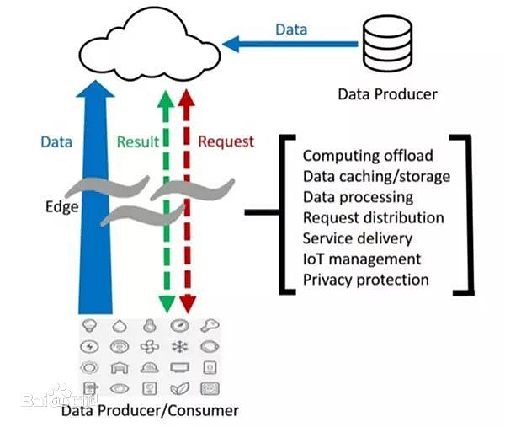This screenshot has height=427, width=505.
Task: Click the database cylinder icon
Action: (387, 43)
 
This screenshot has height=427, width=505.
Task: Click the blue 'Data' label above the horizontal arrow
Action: (291, 29)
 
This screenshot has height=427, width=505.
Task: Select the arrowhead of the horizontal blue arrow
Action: (231, 44)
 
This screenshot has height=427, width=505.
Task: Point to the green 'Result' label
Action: (138, 141)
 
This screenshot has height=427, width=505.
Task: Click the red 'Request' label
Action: (226, 141)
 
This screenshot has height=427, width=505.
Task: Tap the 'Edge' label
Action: (61, 207)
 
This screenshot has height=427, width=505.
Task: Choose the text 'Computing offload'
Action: (368, 156)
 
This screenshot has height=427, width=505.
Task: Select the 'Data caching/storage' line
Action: (376, 177)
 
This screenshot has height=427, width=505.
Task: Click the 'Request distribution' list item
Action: (374, 217)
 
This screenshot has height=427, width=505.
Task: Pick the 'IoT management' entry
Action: (362, 259)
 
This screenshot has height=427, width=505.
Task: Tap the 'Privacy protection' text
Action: (366, 280)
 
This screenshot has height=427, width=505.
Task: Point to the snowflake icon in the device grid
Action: (180, 347)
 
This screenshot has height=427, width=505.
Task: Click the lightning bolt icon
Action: (90, 347)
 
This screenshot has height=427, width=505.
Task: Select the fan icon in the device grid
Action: (150, 347)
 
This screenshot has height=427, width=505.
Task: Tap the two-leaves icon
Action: (180, 388)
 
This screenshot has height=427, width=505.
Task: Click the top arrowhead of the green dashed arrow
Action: (166, 99)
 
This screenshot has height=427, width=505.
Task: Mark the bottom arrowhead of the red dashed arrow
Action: (188, 304)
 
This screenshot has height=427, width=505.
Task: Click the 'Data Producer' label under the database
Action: (387, 94)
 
